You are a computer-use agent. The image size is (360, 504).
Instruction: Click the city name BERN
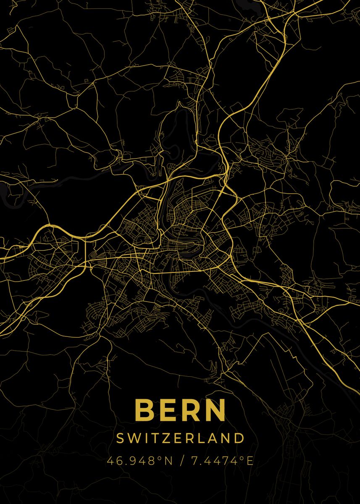click(x=180, y=410)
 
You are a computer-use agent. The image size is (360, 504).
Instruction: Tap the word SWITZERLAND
click(x=180, y=438)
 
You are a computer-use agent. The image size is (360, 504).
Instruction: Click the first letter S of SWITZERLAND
click(x=120, y=438)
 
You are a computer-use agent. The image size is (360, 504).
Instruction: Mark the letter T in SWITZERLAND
click(x=153, y=438)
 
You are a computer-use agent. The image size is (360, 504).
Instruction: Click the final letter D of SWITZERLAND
click(x=240, y=438)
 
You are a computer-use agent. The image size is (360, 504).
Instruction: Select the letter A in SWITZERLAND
click(x=213, y=438)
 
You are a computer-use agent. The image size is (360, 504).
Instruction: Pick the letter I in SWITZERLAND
click(x=144, y=438)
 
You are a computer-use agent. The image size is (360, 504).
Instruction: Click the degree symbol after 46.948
click(x=159, y=459)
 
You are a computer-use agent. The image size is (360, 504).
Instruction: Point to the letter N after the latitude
click(x=168, y=461)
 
